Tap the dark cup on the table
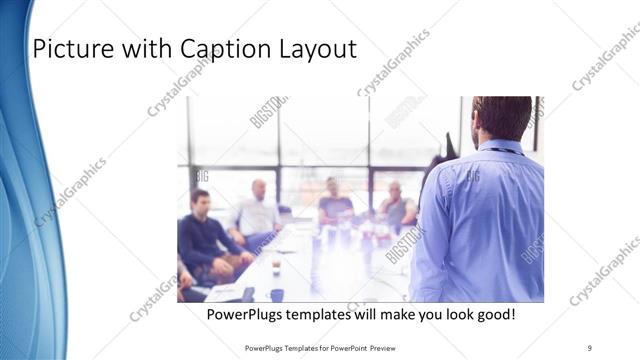pos(277,294)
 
